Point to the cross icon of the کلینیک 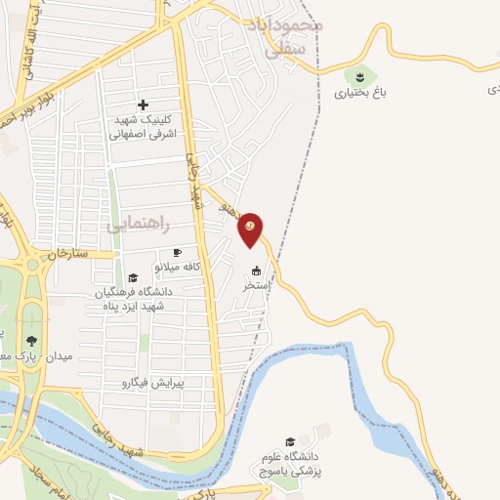[144, 104]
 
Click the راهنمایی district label [138, 225]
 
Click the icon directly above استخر [257, 271]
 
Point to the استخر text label [256, 287]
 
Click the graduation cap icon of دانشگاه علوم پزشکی [288, 440]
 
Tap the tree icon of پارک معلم [32, 341]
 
